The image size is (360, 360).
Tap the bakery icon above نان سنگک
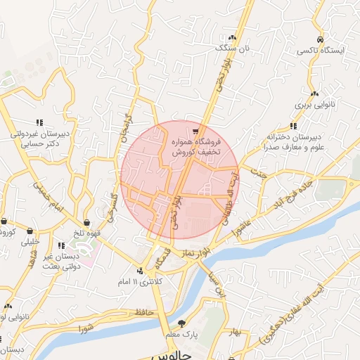[x=231, y=37]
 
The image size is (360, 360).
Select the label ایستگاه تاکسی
[x=321, y=51]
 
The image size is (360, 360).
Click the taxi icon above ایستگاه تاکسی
[x=321, y=39]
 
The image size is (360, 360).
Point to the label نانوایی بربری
[x=314, y=105]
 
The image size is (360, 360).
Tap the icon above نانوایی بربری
[x=314, y=94]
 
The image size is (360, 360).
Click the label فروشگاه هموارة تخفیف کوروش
[x=198, y=146]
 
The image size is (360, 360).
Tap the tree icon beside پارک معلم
[x=183, y=323]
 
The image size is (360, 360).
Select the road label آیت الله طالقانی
[x=232, y=197]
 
